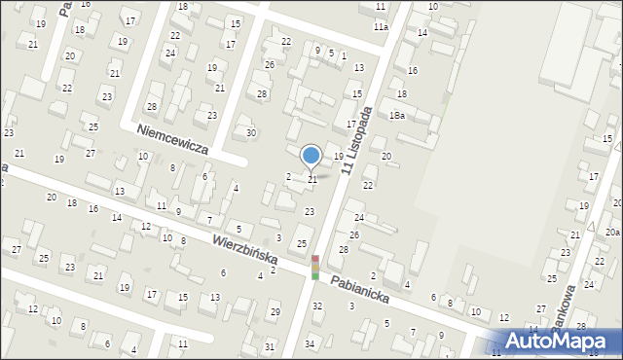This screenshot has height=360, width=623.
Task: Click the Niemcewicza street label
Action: click(172, 138)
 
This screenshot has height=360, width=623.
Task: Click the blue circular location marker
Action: click(311, 156)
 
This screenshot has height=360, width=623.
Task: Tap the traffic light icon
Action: click(314, 268)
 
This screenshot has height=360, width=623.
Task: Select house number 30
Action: click(250, 132)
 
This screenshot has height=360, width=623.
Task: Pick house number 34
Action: click(310, 343)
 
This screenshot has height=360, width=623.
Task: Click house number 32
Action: click(316, 306)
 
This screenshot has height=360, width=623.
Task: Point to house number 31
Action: click(269, 346)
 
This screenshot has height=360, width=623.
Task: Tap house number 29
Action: click(275, 311)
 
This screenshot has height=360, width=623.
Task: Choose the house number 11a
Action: click(381, 27)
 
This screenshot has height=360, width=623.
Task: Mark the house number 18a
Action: click(396, 116)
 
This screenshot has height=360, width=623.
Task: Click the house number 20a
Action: click(611, 233)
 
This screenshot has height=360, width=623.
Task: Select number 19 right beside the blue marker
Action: click(338, 157)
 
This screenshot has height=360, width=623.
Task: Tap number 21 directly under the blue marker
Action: click(312, 179)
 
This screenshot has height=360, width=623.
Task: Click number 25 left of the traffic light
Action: click(302, 243)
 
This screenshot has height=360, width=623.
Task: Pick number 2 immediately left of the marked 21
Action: click(288, 176)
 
